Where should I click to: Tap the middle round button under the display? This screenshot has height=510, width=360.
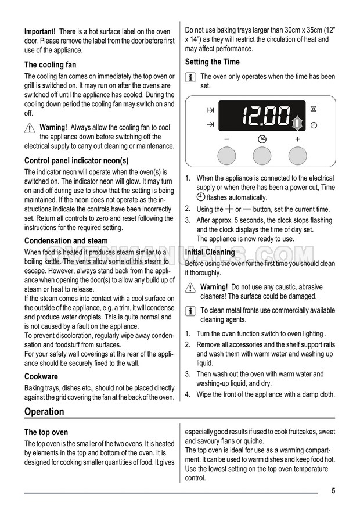(x=262, y=155)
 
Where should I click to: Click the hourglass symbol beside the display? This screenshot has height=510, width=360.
(x=314, y=109)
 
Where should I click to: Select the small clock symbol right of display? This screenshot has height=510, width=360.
(x=314, y=125)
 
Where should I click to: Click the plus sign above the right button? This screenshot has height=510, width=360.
(x=298, y=139)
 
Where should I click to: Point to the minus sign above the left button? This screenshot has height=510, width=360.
(x=226, y=139)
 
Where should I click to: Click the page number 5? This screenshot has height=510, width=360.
(x=333, y=491)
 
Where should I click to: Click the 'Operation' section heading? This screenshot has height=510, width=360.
(x=44, y=411)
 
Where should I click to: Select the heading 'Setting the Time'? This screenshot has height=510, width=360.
(x=212, y=62)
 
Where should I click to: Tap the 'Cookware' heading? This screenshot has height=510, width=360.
(x=41, y=376)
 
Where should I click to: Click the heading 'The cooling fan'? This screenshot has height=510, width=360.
(x=50, y=65)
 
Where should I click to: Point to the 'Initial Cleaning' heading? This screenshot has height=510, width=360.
(x=210, y=252)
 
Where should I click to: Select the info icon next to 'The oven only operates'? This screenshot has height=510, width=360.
(x=190, y=77)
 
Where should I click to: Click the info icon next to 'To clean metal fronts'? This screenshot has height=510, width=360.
(x=190, y=311)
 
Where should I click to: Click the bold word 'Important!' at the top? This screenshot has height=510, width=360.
(x=40, y=31)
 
